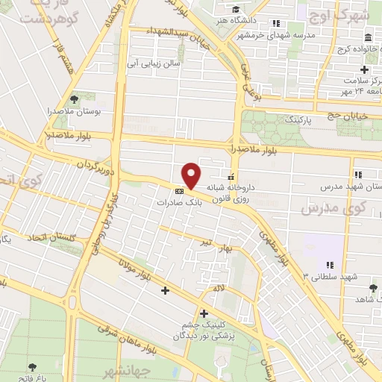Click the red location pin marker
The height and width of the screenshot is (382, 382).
click(x=192, y=175)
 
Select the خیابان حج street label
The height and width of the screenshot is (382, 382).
click(x=348, y=116)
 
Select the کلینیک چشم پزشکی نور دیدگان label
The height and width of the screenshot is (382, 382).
click(x=205, y=331)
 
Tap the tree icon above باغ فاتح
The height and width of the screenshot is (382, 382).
click(x=33, y=367)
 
